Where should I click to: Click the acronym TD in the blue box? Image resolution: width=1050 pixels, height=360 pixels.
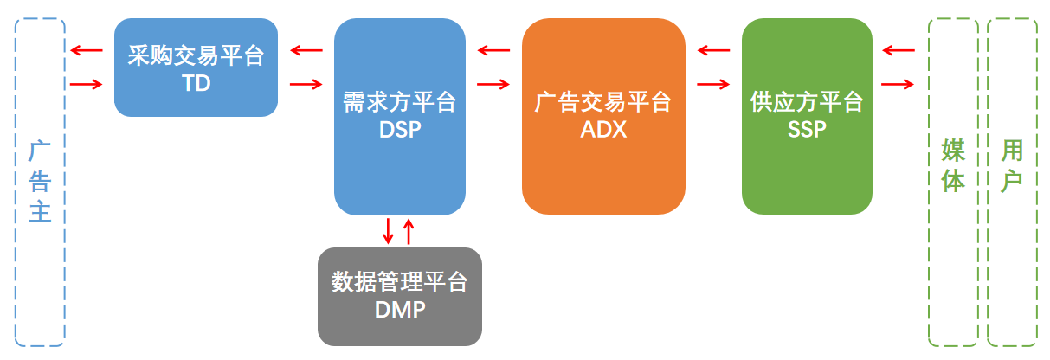point(196,84)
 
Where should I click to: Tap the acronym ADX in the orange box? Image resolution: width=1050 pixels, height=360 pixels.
point(603,130)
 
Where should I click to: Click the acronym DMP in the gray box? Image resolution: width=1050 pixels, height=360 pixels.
point(400,309)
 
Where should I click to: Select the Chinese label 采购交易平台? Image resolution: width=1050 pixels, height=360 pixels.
point(196,57)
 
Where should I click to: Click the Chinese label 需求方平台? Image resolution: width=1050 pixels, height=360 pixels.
point(400,102)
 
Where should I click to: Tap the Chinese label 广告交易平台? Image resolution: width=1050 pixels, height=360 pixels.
point(603,103)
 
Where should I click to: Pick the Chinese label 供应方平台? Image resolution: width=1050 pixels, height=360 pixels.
point(807,102)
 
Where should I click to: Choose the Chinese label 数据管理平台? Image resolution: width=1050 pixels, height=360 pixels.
point(400,282)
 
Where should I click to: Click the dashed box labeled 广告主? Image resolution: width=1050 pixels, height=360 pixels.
point(40,182)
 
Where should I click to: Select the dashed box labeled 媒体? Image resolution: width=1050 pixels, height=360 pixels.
point(953,182)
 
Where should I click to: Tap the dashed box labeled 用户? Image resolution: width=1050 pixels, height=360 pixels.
point(1012,182)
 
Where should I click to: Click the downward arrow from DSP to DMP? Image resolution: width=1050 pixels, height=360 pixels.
point(389,230)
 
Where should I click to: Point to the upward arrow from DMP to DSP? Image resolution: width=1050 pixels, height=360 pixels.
point(409,230)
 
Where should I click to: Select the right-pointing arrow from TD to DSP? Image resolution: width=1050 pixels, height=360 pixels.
point(306,84)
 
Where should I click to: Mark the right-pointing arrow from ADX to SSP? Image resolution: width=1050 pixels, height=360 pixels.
point(713,84)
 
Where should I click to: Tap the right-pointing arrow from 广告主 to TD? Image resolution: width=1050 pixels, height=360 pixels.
point(87,84)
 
